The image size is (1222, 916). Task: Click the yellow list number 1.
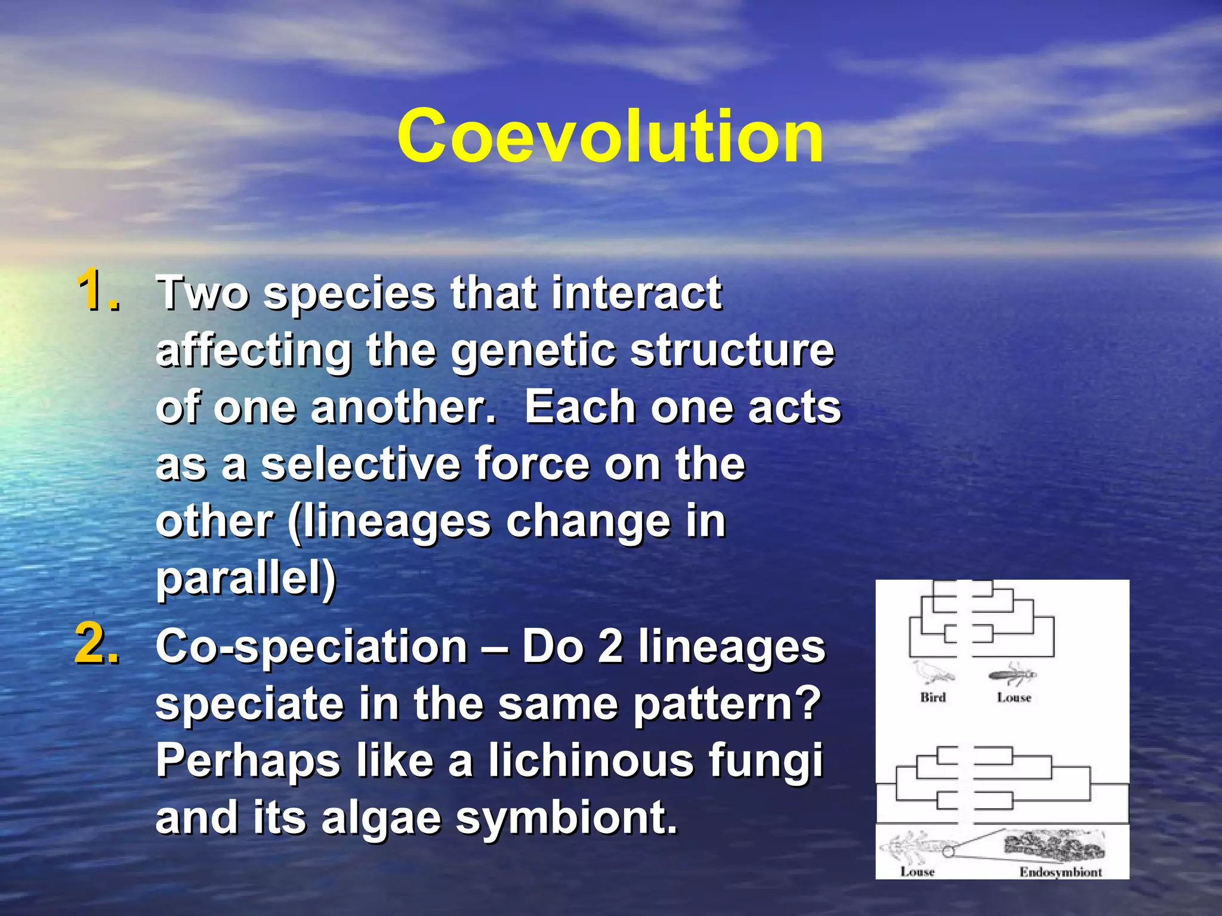pyautogui.click(x=98, y=290)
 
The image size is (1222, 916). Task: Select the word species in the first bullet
pyautogui.click(x=350, y=294)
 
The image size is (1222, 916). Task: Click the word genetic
pyautogui.click(x=532, y=351)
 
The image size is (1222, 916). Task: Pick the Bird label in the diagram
pyautogui.click(x=933, y=697)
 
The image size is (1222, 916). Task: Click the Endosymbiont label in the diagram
pyautogui.click(x=1060, y=872)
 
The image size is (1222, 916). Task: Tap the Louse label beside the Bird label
pyautogui.click(x=1014, y=697)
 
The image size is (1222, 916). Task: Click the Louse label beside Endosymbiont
pyautogui.click(x=917, y=872)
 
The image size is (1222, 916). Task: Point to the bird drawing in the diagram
pyautogui.click(x=933, y=672)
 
